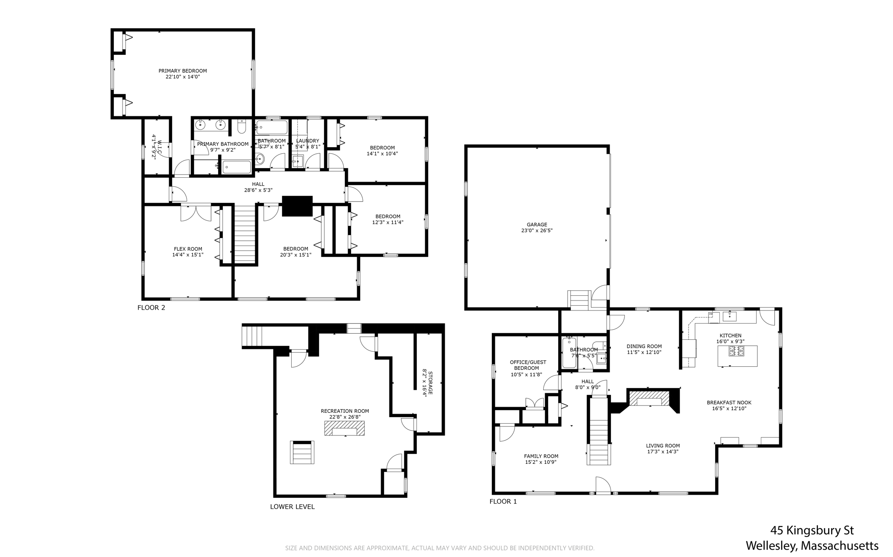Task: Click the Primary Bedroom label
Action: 182,71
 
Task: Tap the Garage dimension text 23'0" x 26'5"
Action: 536,231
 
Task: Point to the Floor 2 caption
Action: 151,307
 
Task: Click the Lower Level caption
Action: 292,506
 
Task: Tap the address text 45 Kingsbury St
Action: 811,530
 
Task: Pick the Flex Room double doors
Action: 196,212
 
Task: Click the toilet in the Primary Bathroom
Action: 242,127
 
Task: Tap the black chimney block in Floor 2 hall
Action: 297,206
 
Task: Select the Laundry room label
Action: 307,141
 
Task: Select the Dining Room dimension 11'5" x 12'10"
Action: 644,352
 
